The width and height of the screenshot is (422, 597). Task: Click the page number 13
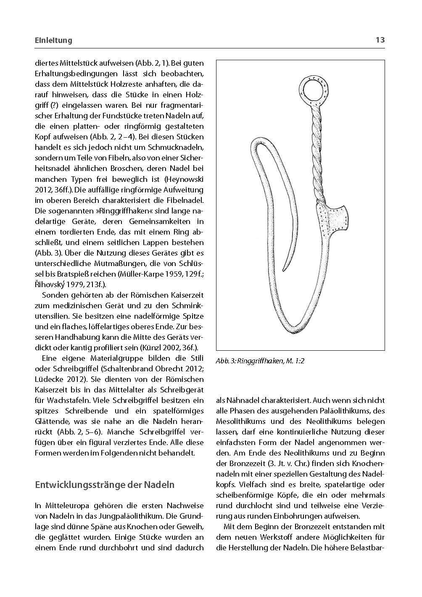coord(380,40)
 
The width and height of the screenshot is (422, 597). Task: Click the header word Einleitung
coord(53,40)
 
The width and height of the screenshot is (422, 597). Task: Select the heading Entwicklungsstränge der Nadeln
coord(105,485)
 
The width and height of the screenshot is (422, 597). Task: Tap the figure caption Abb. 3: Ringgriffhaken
coord(260,361)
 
